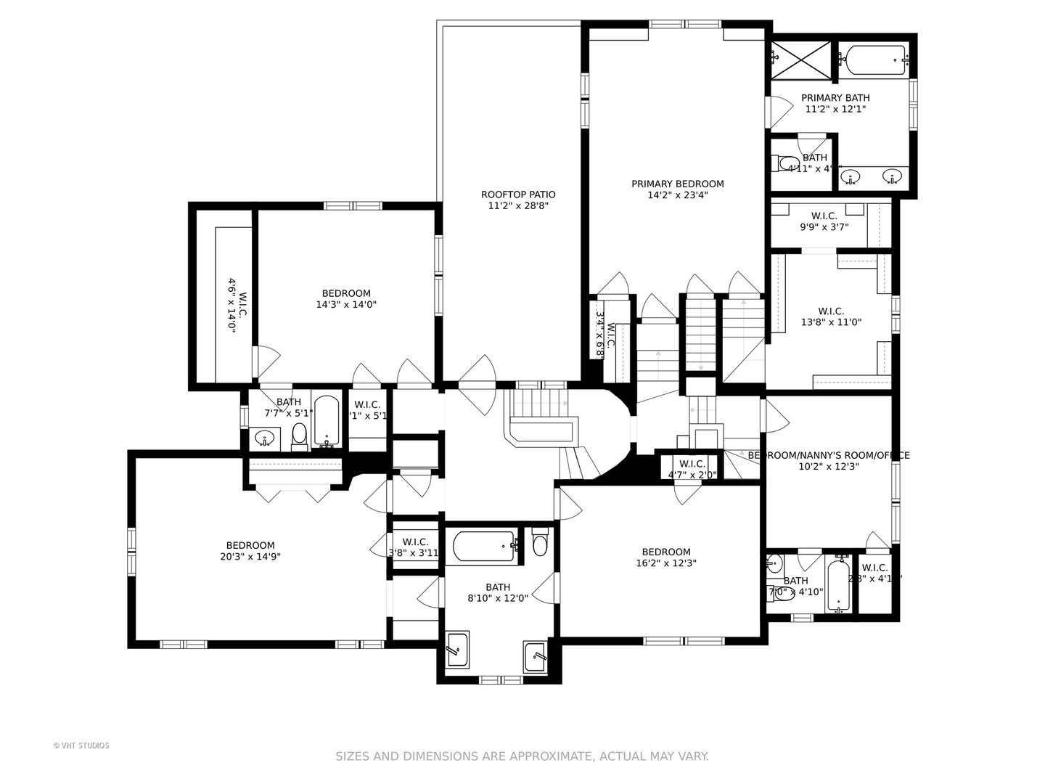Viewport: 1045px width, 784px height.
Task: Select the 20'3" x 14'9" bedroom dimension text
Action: point(250,557)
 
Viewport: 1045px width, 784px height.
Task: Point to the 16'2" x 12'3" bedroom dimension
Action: point(665,563)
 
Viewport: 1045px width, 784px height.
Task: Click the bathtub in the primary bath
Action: point(873,60)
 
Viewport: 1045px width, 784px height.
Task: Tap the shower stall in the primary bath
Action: point(801,60)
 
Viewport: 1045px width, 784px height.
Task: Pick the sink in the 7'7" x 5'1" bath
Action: point(266,438)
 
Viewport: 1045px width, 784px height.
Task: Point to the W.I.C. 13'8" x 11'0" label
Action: point(831,317)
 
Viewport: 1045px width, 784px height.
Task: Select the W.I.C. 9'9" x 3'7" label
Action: point(824,221)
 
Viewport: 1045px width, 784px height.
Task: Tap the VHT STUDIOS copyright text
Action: point(81,746)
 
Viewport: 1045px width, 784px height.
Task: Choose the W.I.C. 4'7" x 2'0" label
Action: point(692,469)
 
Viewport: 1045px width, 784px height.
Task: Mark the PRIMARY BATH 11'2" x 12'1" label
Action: point(835,103)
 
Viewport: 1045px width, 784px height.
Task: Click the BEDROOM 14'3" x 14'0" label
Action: point(346,299)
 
